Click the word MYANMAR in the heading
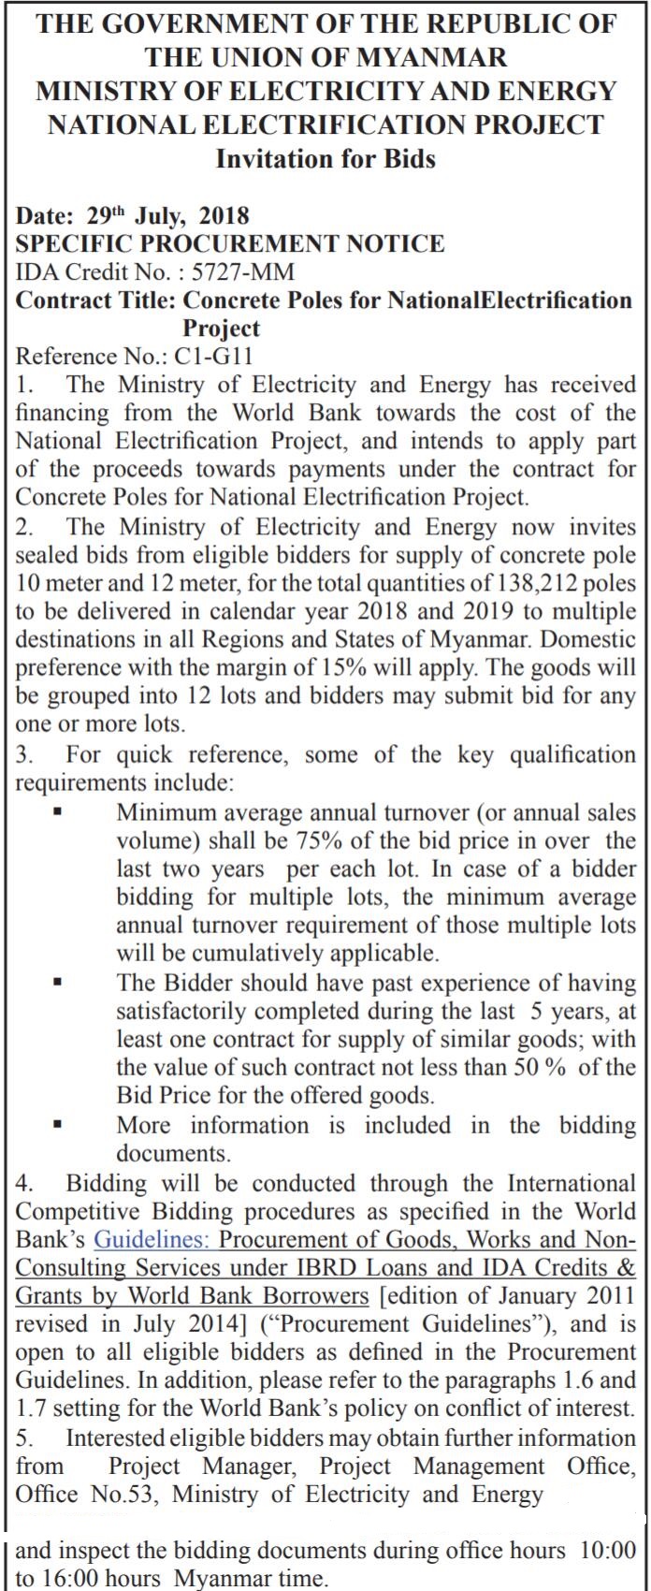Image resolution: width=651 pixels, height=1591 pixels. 432,57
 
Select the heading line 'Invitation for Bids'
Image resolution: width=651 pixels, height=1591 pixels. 325,158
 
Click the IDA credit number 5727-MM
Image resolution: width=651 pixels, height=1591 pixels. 242,272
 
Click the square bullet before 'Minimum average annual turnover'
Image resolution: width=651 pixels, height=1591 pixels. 57,813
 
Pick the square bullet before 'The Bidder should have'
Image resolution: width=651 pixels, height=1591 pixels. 57,984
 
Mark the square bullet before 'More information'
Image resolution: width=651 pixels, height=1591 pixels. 57,1125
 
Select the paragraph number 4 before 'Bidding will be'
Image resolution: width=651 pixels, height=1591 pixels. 22,1185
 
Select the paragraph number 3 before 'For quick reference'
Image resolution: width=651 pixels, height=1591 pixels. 22,755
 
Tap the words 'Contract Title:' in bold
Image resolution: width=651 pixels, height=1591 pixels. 96,300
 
